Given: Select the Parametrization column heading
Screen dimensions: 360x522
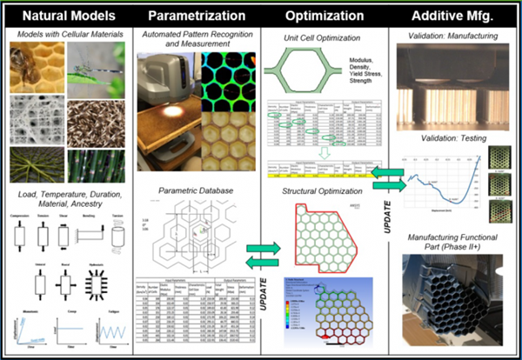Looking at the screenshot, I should pyautogui.click(x=197, y=16).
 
